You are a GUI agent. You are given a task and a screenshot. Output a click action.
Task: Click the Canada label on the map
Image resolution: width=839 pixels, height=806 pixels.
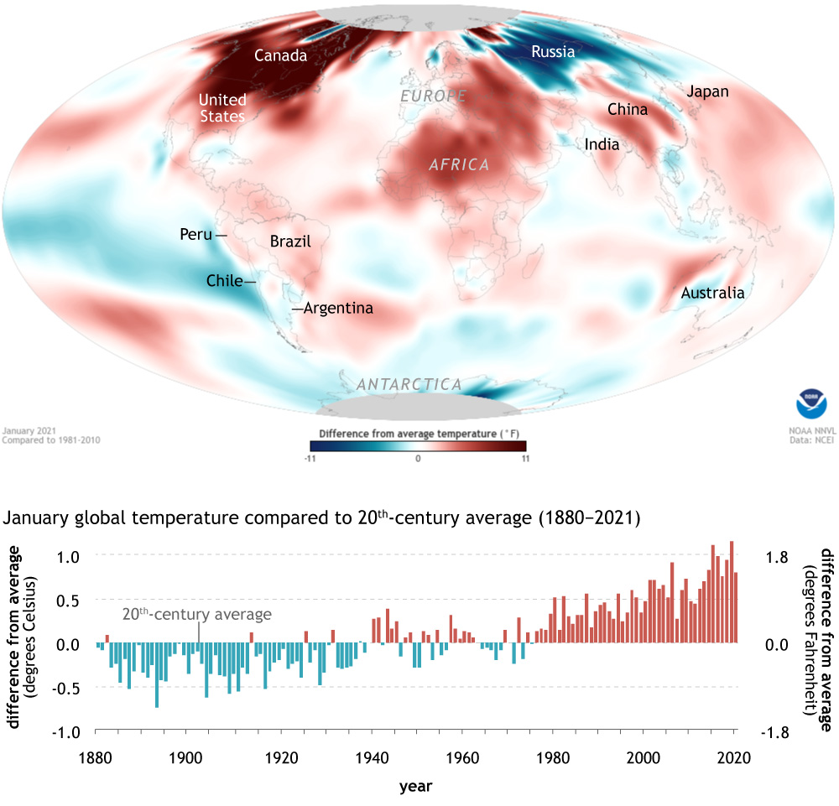click(280, 56)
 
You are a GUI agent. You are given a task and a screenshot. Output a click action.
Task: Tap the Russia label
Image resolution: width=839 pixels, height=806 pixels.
click(553, 52)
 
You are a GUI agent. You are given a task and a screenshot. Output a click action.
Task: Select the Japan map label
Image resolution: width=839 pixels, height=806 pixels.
click(707, 92)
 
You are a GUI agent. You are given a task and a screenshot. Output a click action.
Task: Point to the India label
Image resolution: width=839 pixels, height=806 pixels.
click(602, 145)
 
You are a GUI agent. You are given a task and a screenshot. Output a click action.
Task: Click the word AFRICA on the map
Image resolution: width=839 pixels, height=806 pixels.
click(459, 165)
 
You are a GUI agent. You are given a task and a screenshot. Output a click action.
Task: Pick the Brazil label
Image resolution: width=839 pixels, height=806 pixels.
click(290, 242)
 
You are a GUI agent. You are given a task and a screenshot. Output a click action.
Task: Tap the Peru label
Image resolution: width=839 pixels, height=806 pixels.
click(196, 235)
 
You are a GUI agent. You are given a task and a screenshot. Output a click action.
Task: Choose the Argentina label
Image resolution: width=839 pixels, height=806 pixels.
click(338, 309)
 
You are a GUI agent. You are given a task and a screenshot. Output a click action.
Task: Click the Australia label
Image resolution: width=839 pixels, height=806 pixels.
click(712, 293)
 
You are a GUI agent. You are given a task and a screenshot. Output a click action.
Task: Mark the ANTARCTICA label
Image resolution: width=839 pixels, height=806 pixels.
click(409, 385)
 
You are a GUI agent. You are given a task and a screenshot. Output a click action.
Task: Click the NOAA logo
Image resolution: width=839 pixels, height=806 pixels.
click(810, 403)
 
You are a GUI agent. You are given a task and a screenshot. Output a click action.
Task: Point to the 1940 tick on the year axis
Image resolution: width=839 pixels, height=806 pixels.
click(375, 757)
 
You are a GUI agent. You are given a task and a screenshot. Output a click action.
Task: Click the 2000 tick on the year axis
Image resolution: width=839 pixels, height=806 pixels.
click(644, 757)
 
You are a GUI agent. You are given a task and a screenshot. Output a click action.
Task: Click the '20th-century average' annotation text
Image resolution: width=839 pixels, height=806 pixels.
click(197, 615)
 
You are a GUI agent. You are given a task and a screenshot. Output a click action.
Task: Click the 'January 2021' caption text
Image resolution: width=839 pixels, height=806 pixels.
click(25, 430)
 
